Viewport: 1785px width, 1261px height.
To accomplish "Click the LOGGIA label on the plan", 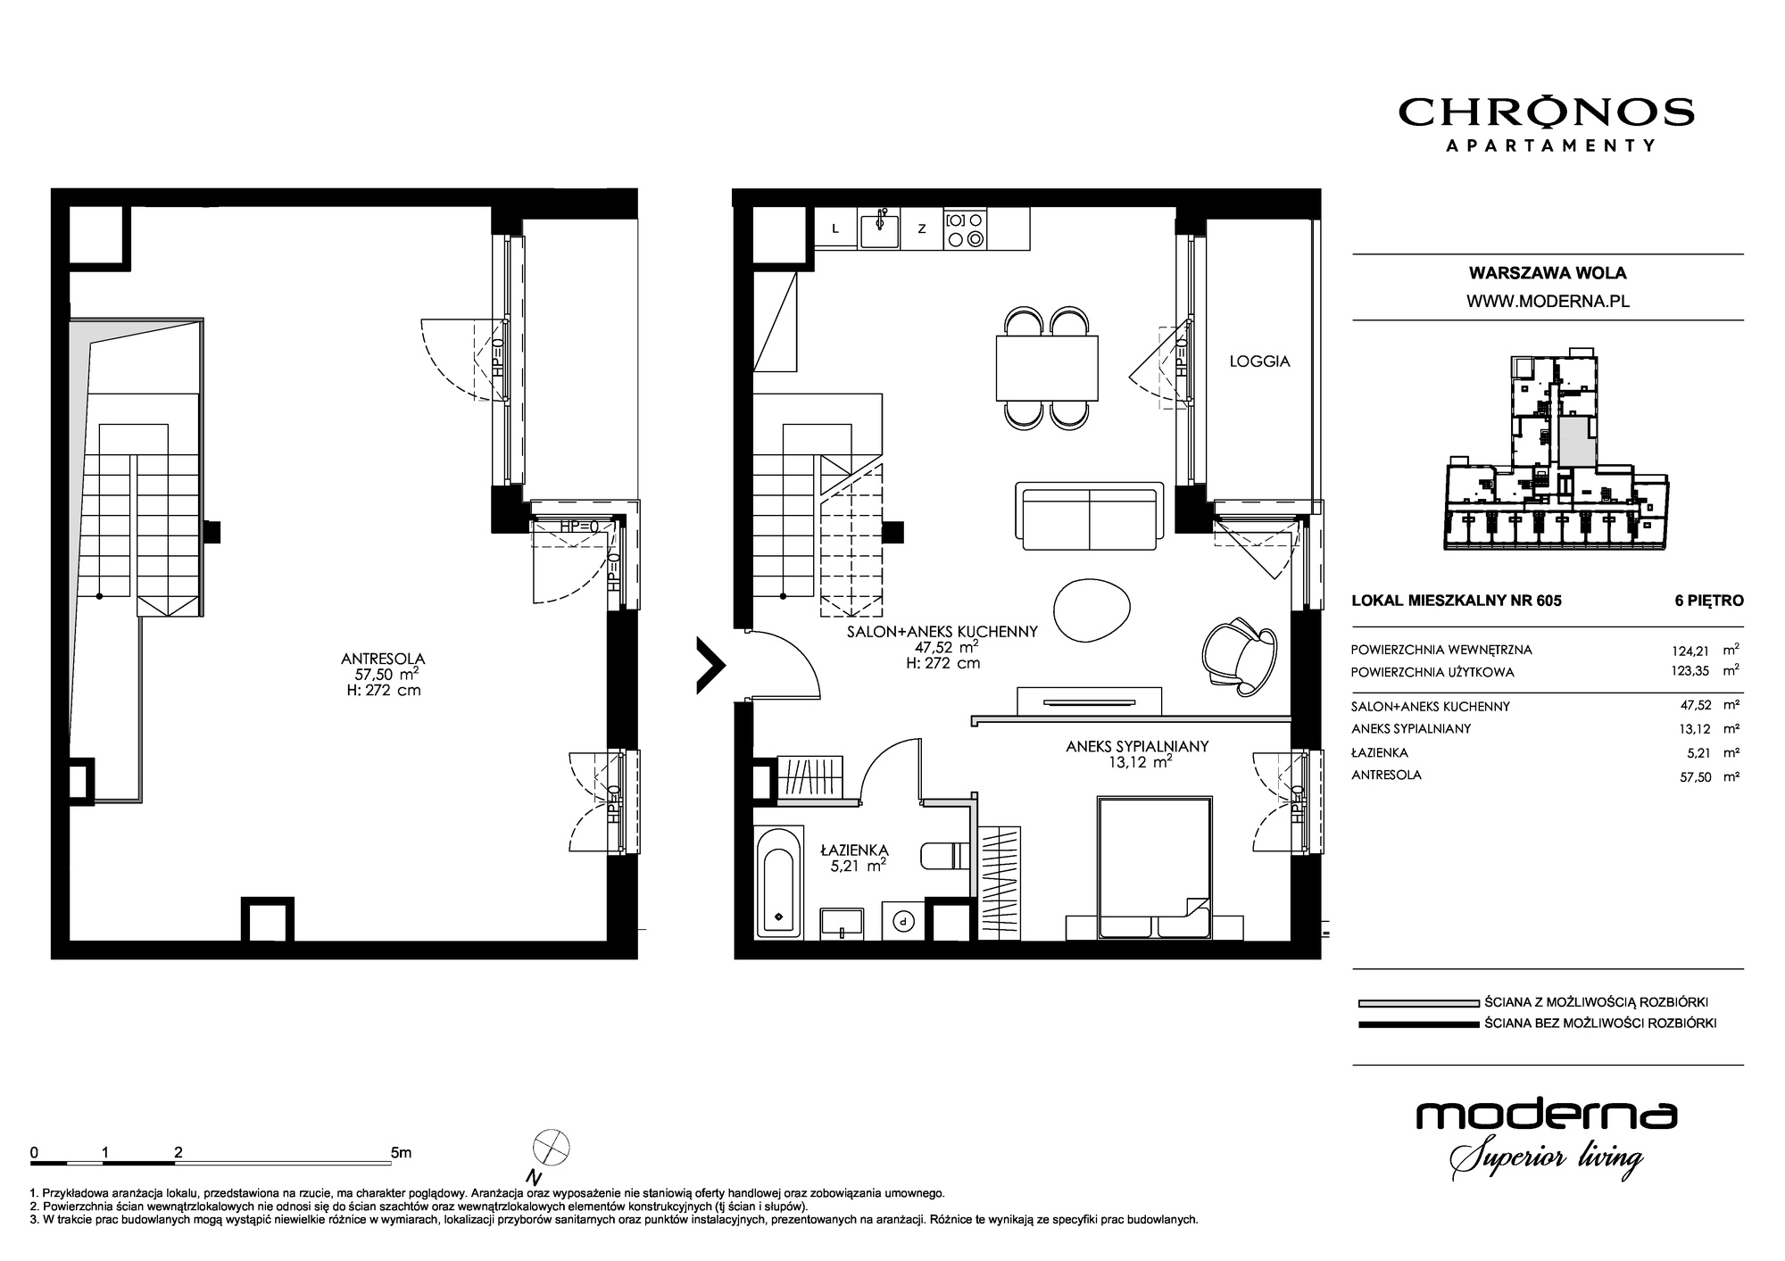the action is (1259, 361).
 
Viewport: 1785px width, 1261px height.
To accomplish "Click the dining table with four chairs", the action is (1047, 368).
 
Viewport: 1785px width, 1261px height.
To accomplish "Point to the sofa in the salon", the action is (1090, 516).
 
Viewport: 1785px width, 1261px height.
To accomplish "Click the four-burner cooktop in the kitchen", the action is (964, 228).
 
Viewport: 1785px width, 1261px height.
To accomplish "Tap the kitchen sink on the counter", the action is (880, 229).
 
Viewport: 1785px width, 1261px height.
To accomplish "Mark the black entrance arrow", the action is (711, 665).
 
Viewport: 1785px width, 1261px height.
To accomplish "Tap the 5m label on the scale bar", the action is (401, 1152).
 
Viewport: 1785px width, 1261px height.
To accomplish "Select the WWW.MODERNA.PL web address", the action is (1548, 302).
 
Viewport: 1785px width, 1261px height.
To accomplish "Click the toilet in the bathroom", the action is (942, 855).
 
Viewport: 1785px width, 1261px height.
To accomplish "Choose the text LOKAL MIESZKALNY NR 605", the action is (1457, 601).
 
